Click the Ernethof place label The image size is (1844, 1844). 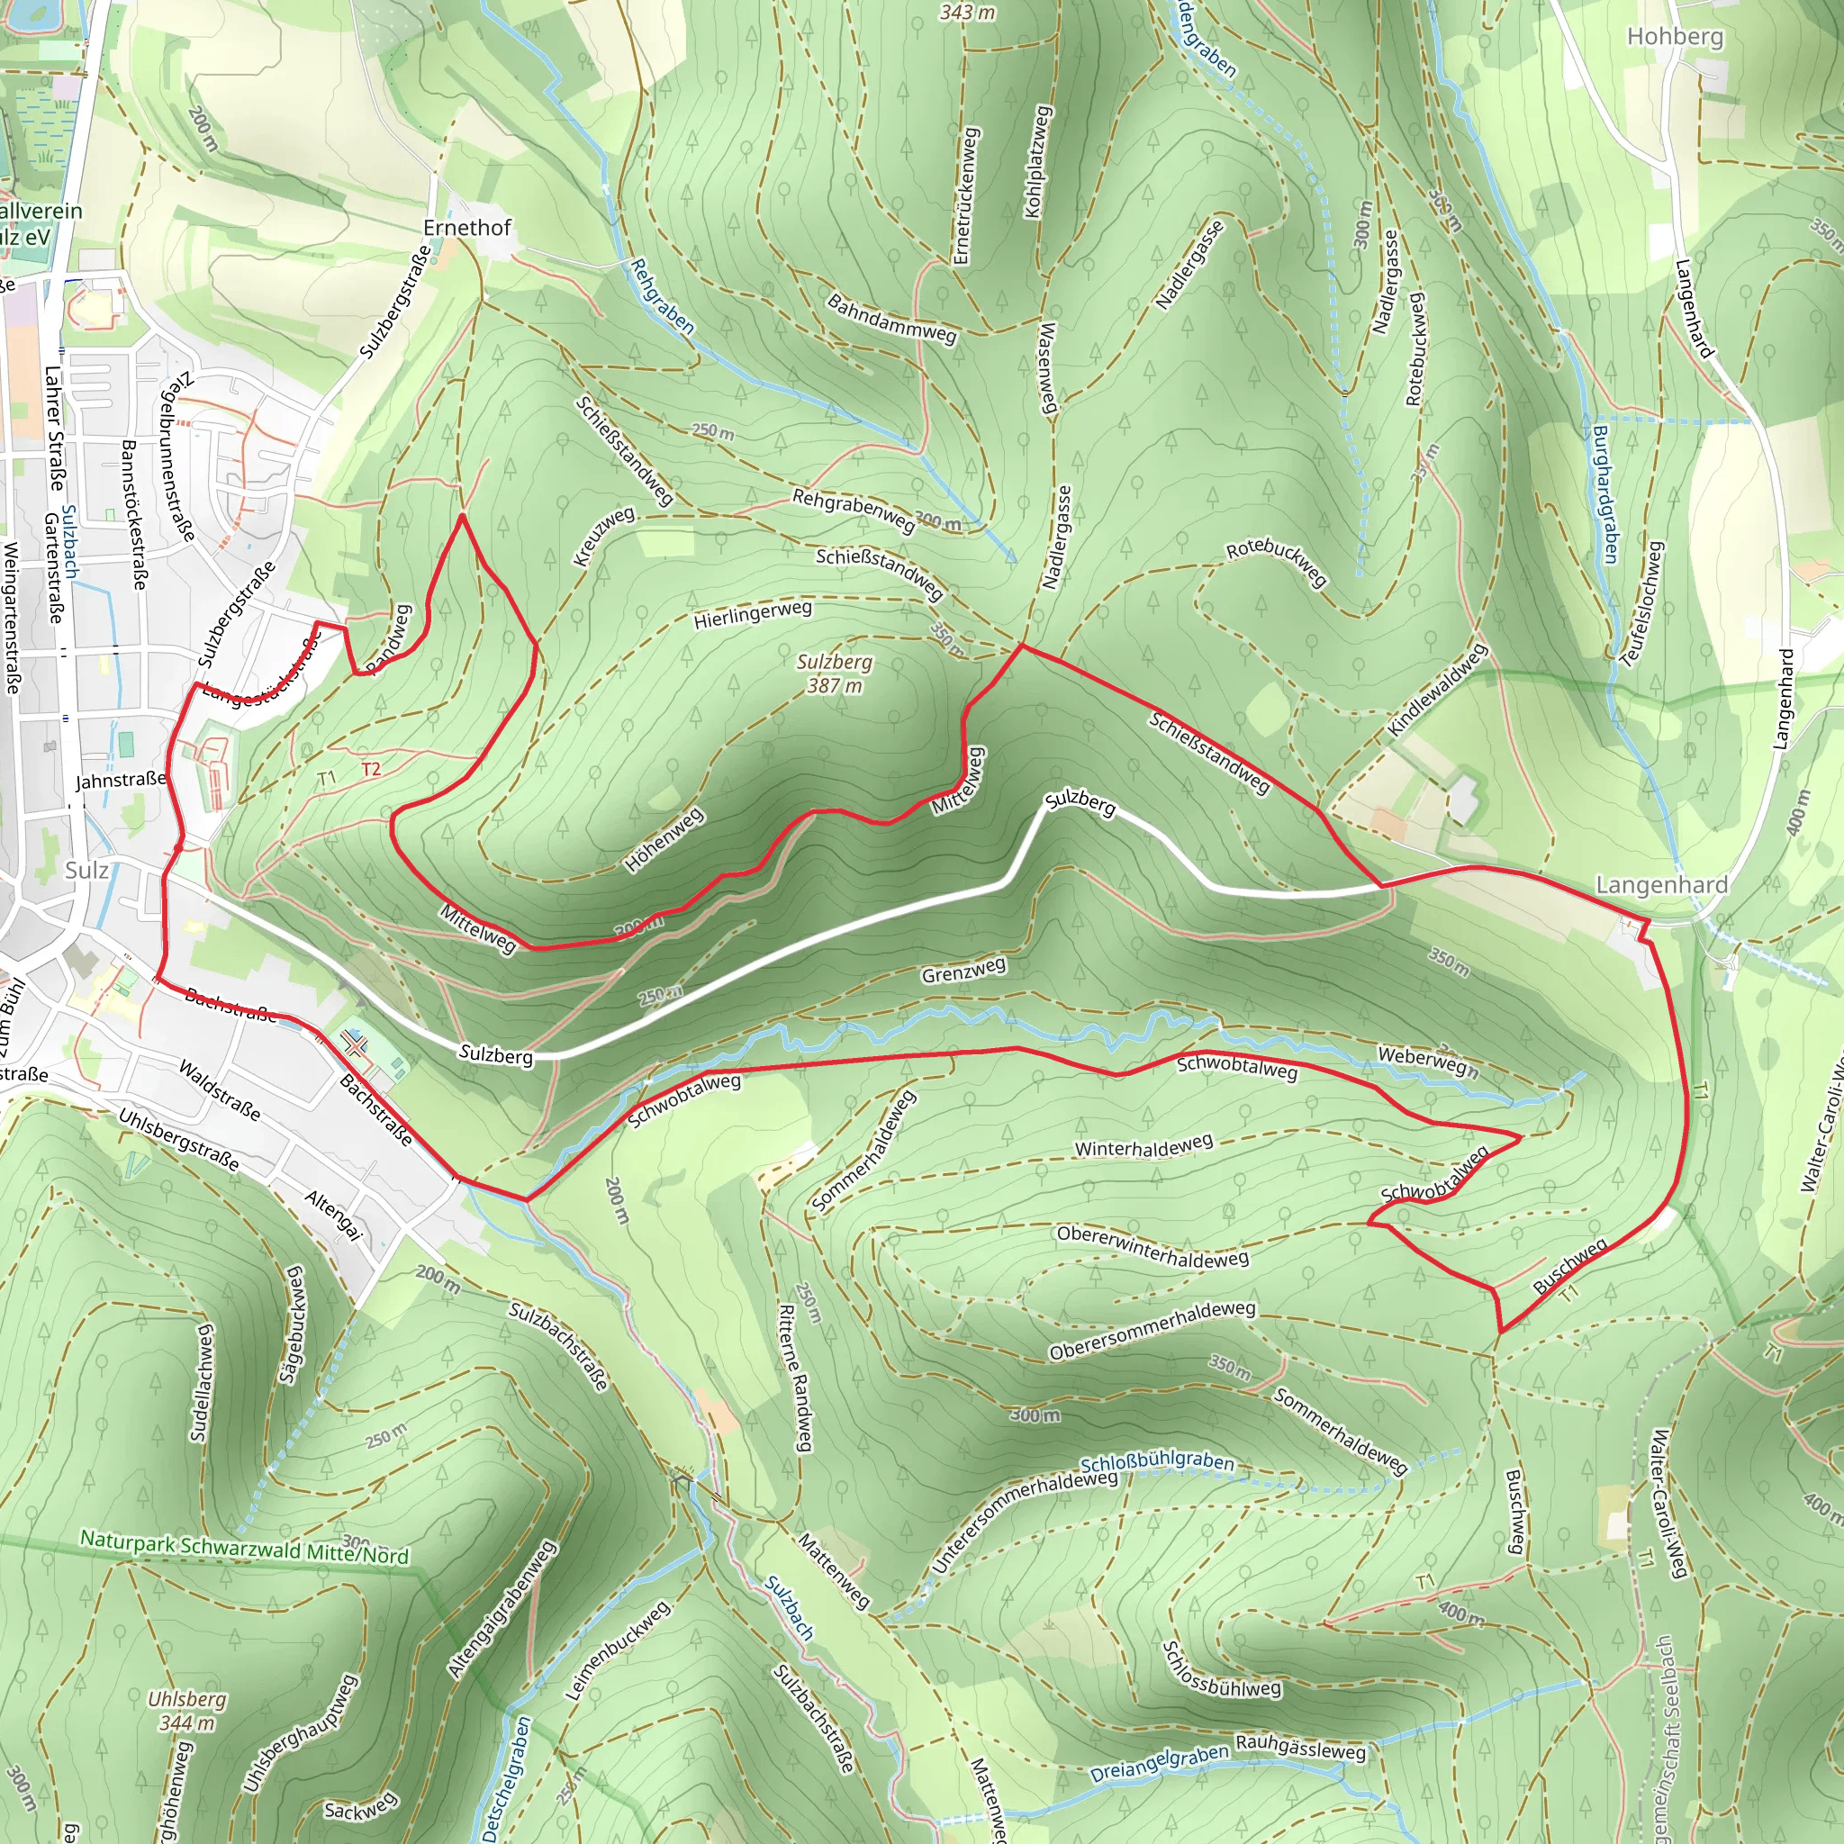coord(466,227)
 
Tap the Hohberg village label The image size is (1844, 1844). coord(1675,36)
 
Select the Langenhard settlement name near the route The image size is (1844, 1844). coord(1662,885)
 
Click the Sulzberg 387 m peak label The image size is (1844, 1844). coord(834,673)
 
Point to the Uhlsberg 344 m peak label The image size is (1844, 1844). coord(187,1711)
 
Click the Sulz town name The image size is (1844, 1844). coord(86,870)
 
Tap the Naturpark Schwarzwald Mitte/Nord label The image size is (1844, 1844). coord(244,1547)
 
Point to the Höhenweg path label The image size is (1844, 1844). coord(664,839)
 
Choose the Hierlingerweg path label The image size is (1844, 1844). coord(752,614)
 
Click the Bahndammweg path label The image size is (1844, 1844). coord(891,319)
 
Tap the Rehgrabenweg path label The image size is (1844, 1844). coord(854,510)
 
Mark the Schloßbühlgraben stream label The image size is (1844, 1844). coord(1157,1463)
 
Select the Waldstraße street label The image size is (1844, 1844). coord(220,1089)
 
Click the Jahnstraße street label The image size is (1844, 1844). coord(121,780)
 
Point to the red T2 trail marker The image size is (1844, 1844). coord(371,769)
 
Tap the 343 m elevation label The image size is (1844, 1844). coord(967,13)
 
